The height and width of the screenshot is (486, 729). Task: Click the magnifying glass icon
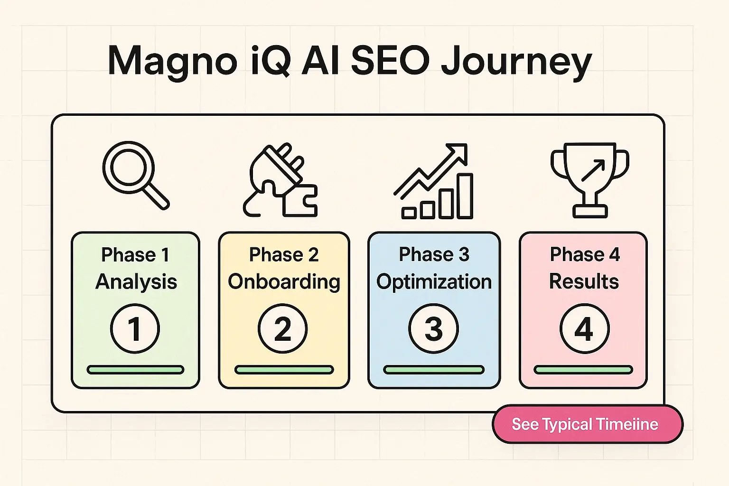pos(135,175)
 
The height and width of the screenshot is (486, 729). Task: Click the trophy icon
pos(589,179)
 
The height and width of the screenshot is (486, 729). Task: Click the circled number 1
pos(135,329)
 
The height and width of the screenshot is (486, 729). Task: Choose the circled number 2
pos(283,329)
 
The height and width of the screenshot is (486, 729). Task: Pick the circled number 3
pos(433,329)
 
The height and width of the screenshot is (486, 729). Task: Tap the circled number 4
pos(584,329)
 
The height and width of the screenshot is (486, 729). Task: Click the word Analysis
pos(136,282)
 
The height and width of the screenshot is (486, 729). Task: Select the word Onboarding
pos(284,282)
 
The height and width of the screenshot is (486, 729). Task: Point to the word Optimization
pos(434,282)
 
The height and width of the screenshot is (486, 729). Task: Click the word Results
pos(584,281)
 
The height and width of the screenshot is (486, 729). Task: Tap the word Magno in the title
pos(172,62)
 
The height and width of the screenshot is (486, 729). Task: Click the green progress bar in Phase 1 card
pos(135,370)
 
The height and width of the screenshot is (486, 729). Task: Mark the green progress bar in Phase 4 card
pos(583,370)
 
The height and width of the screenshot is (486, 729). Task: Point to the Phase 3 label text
pos(434,255)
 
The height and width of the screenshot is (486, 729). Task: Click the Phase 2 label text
pos(284,255)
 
